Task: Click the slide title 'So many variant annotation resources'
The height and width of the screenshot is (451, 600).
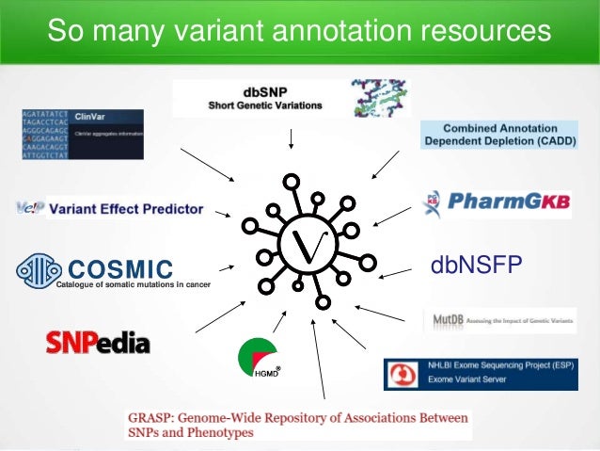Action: [x=299, y=31]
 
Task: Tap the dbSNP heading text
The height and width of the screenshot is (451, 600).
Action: [x=264, y=91]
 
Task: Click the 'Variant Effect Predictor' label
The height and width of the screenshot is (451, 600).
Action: [x=125, y=209]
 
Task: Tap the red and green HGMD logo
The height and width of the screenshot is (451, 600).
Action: [x=259, y=360]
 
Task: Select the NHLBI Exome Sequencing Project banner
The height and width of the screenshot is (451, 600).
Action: [x=485, y=374]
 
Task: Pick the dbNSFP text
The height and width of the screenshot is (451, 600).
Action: [x=475, y=265]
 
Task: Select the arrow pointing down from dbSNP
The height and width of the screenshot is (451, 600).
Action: [x=292, y=138]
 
